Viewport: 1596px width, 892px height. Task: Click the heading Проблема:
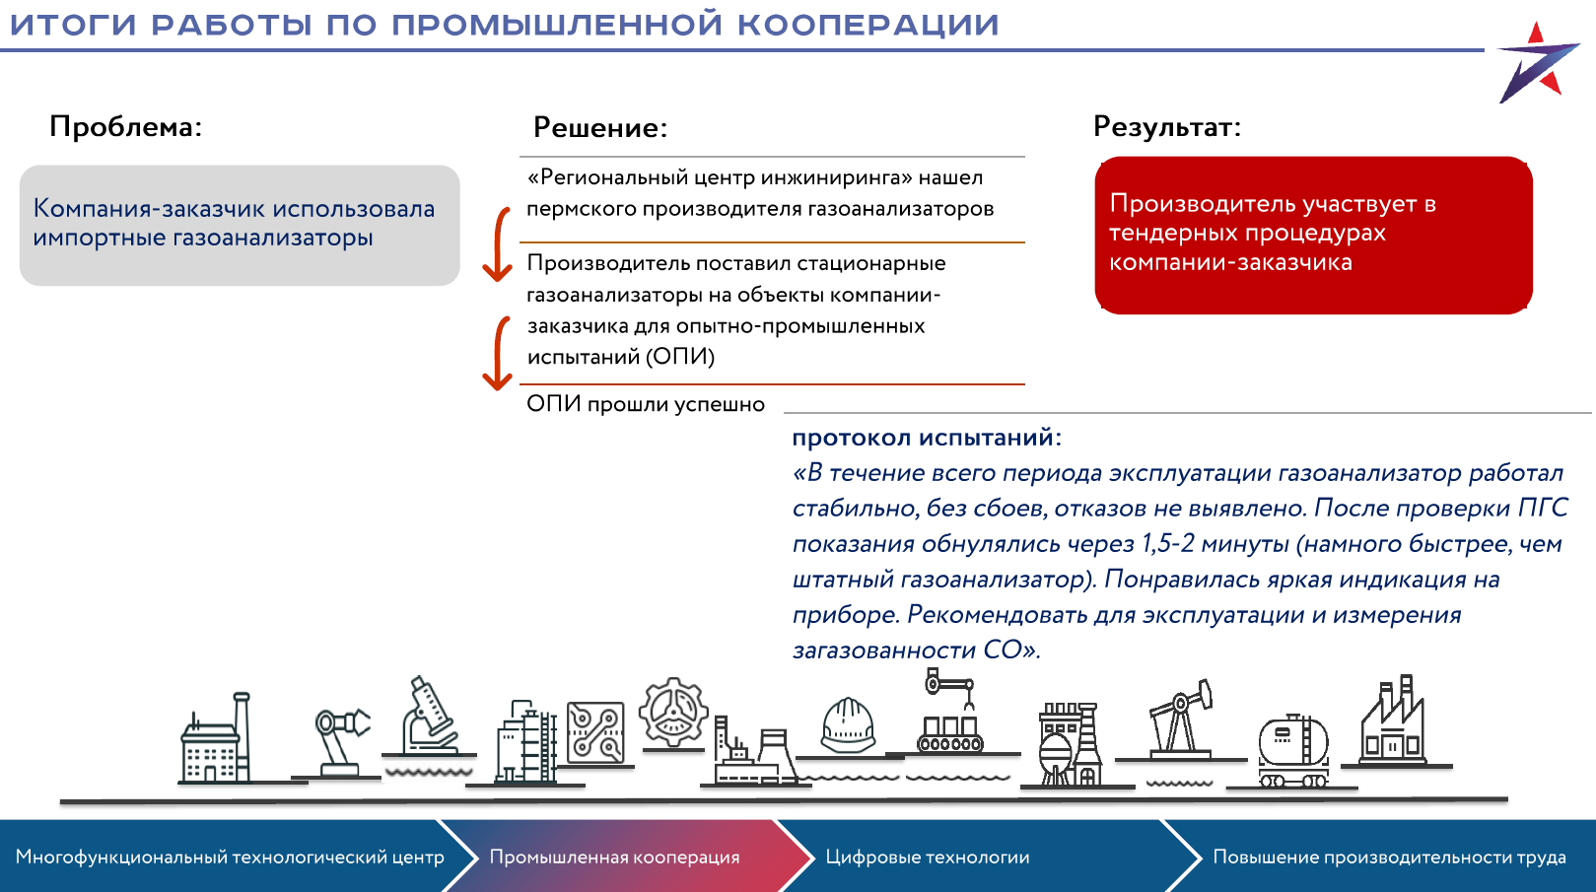coord(126,127)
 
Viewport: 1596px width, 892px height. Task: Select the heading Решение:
coord(600,127)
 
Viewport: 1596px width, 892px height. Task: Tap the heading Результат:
coord(1167,127)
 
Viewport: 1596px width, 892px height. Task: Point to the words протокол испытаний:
coord(927,438)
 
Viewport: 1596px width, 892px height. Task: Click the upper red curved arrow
coord(498,244)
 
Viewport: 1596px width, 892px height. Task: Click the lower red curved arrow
coord(498,354)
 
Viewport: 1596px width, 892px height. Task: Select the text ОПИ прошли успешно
coord(646,405)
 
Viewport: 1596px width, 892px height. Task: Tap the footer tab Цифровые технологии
coord(927,858)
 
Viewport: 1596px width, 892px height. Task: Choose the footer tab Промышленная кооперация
coord(614,858)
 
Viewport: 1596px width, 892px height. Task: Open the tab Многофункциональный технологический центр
coord(230,858)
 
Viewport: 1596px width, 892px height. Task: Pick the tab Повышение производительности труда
coord(1389,858)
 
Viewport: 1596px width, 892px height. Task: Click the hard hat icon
coord(848,725)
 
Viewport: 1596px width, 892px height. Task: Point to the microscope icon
coord(429,716)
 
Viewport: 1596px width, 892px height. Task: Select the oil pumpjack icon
coord(1181,719)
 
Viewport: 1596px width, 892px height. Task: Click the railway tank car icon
coord(1293,751)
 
